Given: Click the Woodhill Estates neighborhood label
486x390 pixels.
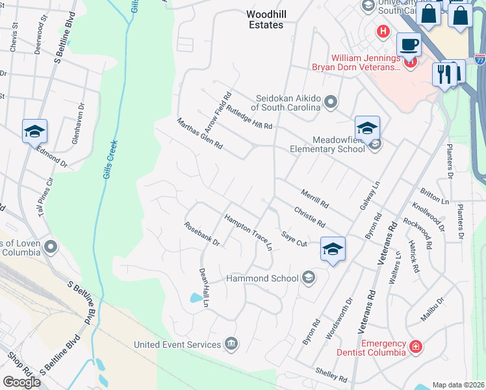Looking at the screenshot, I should point(265,19).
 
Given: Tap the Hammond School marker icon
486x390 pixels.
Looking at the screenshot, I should point(309,278).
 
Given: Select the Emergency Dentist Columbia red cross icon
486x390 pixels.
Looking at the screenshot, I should point(415,348).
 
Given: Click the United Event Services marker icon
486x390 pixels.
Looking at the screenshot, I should point(231,343).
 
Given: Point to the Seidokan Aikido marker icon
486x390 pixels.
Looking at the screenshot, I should point(331,101).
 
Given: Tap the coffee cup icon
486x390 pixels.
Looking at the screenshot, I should point(409,45).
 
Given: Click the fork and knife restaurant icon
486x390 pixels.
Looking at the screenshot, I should point(445,74).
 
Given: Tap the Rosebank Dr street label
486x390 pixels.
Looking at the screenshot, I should point(202,235).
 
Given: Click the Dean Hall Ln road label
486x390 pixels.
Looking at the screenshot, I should point(204,287).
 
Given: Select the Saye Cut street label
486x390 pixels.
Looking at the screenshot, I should point(294,238).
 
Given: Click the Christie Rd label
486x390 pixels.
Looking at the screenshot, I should point(309,216).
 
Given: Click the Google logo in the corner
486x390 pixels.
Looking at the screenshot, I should point(21,382).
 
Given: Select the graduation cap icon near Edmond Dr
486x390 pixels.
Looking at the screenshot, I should point(34,132).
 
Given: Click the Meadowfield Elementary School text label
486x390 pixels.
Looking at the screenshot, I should point(329,144).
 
